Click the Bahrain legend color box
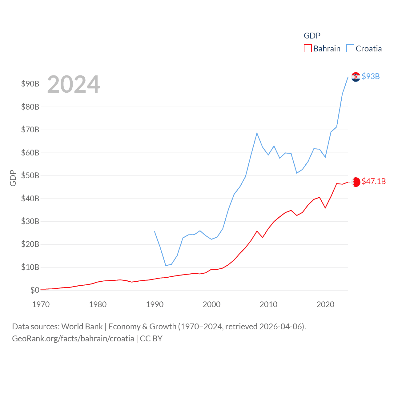[308, 49]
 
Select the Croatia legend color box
[350, 49]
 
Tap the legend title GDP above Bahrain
[312, 36]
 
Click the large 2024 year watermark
[73, 84]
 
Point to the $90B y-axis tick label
[30, 84]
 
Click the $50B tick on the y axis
[30, 175]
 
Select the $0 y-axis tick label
[35, 290]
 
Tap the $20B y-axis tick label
[30, 244]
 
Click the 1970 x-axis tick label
[41, 304]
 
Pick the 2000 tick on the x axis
[211, 304]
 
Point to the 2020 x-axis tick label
[325, 304]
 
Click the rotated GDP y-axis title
[13, 178]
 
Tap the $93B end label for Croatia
[371, 76]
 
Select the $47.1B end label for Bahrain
[374, 181]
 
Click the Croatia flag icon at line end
[356, 77]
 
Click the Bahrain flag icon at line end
[356, 182]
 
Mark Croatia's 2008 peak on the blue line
[257, 133]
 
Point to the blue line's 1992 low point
[166, 266]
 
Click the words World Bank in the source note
[82, 326]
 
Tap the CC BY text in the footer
[151, 339]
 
